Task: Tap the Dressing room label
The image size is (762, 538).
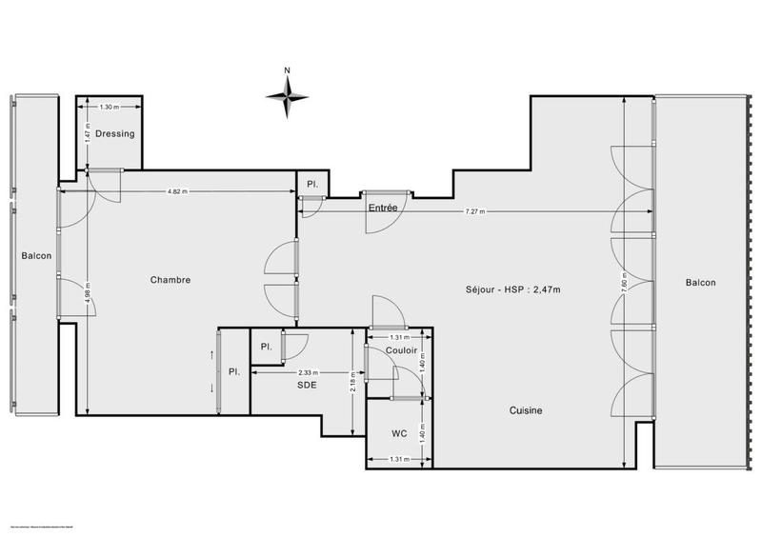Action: point(115,134)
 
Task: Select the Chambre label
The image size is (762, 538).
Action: point(170,280)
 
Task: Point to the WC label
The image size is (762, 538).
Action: point(399,433)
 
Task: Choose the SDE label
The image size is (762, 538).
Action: point(306,386)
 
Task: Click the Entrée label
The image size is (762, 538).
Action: point(382,207)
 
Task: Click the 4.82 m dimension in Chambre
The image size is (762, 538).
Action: point(176,191)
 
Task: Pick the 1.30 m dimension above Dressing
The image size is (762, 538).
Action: point(110,107)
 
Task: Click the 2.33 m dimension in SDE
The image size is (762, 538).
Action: point(308,372)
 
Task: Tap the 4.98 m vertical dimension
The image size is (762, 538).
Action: point(87,290)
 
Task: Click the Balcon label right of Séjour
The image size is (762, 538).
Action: point(699,282)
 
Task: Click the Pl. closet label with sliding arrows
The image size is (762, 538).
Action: point(232,372)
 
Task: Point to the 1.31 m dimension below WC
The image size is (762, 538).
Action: point(399,460)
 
